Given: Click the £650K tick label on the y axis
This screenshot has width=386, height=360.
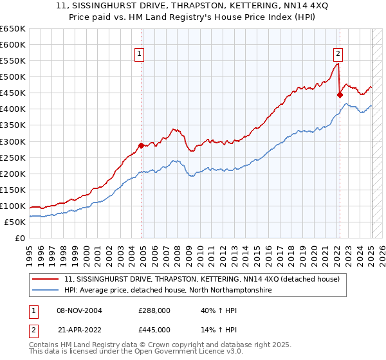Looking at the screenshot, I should click(x=13, y=29).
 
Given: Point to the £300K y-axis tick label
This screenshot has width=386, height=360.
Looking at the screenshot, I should click(x=13, y=141).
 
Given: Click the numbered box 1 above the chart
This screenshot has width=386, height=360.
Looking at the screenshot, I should click(x=138, y=55).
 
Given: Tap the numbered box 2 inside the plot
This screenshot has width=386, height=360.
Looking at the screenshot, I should click(x=338, y=55).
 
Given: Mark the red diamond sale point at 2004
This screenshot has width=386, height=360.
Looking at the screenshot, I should click(x=142, y=145).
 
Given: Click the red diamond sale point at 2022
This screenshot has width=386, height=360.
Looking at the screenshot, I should click(x=340, y=94).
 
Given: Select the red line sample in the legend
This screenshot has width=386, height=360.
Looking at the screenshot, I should click(x=46, y=278).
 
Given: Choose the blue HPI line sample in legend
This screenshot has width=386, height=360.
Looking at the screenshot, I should click(x=46, y=290).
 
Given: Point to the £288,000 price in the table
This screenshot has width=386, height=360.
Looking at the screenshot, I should click(x=154, y=310).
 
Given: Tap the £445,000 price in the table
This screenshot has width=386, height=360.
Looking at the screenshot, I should click(x=154, y=329).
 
